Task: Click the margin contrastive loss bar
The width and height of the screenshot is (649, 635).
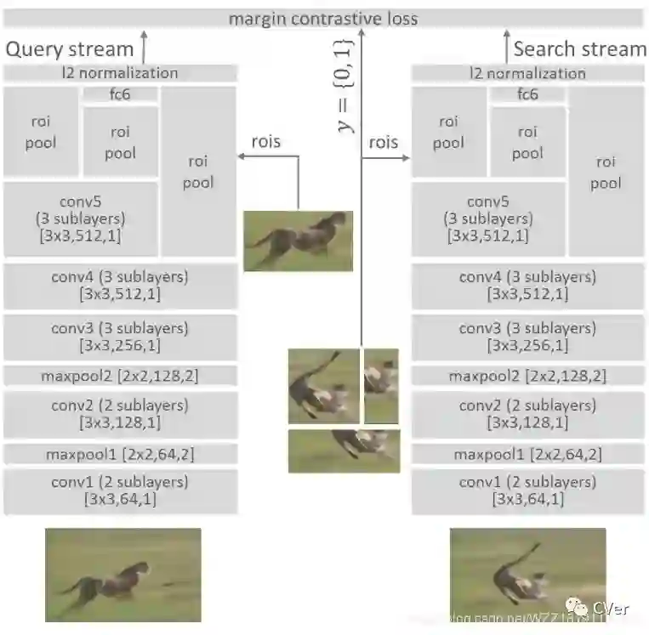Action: pos(323,18)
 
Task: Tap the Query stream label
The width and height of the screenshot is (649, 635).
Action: pos(70,49)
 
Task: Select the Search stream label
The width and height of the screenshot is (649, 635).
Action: pos(580,49)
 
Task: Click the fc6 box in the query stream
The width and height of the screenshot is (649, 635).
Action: pos(120,94)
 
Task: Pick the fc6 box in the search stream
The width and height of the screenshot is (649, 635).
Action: pos(527,94)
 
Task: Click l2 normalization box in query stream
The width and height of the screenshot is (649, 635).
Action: pos(119,73)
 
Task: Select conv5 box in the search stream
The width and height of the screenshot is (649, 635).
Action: pos(487,218)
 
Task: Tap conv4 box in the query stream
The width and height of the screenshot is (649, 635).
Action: pos(120,286)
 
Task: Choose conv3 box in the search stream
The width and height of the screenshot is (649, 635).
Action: pos(527,337)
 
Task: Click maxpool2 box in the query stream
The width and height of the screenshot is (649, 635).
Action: pos(120,376)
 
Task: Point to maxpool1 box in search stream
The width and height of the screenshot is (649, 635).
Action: pos(527,455)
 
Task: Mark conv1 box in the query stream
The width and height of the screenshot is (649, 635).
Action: pos(120,490)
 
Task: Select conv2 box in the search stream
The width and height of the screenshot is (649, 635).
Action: pos(527,414)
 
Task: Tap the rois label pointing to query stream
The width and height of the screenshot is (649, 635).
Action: pos(266,141)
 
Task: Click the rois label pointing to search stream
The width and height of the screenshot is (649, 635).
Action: pos(383,142)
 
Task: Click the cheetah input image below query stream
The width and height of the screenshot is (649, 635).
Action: pos(122,575)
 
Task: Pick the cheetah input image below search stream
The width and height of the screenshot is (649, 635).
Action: pos(527,575)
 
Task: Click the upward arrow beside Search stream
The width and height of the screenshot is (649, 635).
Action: pos(501,47)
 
